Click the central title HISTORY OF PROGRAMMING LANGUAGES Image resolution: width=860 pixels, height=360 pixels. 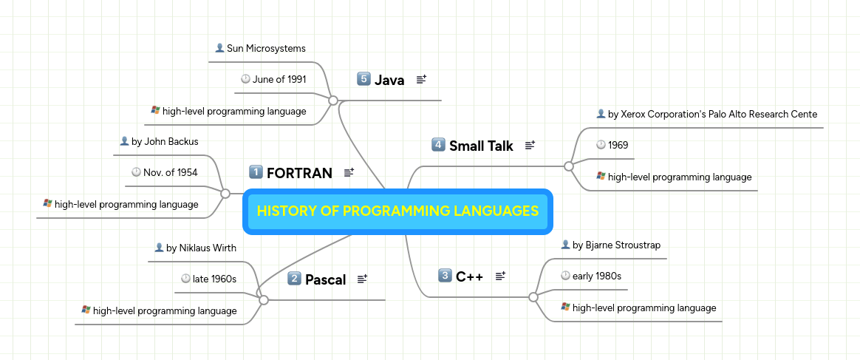pyautogui.click(x=397, y=211)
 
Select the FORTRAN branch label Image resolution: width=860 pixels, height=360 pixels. pyautogui.click(x=299, y=174)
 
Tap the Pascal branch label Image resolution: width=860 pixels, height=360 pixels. pyautogui.click(x=325, y=279)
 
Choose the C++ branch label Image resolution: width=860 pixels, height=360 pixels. pyautogui.click(x=469, y=276)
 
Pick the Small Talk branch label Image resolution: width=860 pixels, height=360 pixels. pyautogui.click(x=481, y=146)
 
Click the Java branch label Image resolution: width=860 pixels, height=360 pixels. pyautogui.click(x=389, y=80)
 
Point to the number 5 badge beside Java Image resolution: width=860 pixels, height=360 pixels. pyautogui.click(x=363, y=79)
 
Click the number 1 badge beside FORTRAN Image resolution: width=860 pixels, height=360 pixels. pyautogui.click(x=256, y=172)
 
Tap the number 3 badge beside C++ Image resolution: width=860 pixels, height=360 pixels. pyautogui.click(x=444, y=276)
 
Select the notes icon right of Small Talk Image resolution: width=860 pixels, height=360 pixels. pyautogui.click(x=530, y=146)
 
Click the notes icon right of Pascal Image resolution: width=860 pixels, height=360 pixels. pyautogui.click(x=362, y=279)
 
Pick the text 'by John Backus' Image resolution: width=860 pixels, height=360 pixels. pyautogui.click(x=165, y=141)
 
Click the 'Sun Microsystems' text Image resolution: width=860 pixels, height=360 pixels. pyautogui.click(x=266, y=49)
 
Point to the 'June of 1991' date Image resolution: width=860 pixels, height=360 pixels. pyautogui.click(x=279, y=80)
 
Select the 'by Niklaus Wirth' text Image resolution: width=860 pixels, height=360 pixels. pyautogui.click(x=202, y=248)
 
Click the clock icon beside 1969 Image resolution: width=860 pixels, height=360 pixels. pyautogui.click(x=601, y=146)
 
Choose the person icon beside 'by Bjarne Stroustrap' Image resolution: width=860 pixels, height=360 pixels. pyautogui.click(x=565, y=245)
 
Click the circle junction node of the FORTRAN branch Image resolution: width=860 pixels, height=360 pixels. pyautogui.click(x=225, y=193)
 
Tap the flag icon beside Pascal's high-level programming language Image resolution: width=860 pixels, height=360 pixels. pyautogui.click(x=86, y=310)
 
